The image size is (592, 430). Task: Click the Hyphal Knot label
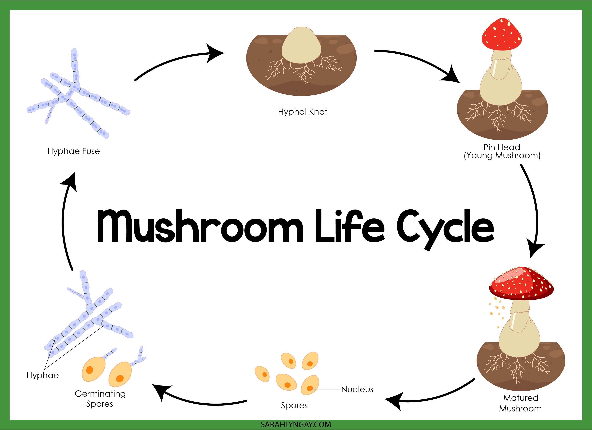tap(302, 112)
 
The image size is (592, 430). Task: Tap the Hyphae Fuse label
tap(74, 151)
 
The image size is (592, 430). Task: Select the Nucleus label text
tap(357, 389)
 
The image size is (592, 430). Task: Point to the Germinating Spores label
tap(100, 399)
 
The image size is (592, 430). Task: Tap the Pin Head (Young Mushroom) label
tap(502, 151)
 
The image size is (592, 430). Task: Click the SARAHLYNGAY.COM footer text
tap(296, 424)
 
